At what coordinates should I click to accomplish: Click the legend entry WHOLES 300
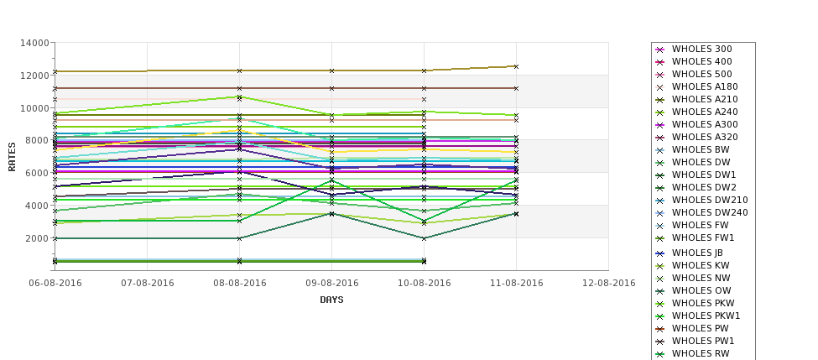click(x=701, y=50)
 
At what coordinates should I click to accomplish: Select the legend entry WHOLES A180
click(x=705, y=87)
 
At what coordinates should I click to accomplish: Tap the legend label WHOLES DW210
click(x=710, y=201)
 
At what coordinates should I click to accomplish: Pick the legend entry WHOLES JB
click(x=697, y=253)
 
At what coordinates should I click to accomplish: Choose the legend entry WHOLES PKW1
click(x=706, y=316)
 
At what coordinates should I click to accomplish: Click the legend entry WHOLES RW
click(x=701, y=353)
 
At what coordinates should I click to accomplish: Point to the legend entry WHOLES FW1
click(x=703, y=238)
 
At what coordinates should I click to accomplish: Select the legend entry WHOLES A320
click(x=705, y=138)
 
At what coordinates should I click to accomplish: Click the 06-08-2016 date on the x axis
click(x=55, y=283)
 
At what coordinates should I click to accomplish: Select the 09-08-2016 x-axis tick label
click(x=331, y=283)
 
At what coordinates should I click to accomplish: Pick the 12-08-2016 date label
click(x=608, y=283)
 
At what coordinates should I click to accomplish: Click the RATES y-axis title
click(x=12, y=156)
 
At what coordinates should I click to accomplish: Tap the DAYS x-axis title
click(x=331, y=300)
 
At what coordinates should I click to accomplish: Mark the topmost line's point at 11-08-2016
click(x=516, y=66)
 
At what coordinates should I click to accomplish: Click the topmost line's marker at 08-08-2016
click(x=239, y=70)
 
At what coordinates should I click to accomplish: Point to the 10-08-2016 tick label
click(x=424, y=283)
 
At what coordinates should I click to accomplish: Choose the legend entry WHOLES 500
click(x=701, y=75)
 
